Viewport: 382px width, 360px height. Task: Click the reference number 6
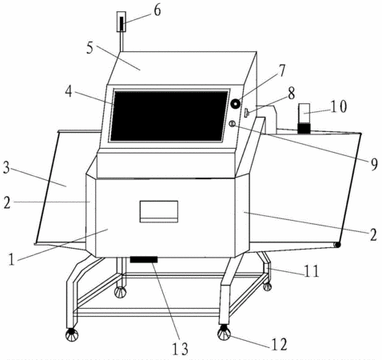pos(157,10)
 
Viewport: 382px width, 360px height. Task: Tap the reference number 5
pos(90,48)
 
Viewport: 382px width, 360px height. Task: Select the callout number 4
pos(69,91)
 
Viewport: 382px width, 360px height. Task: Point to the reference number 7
pos(281,70)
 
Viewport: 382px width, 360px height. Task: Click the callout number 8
pos(291,94)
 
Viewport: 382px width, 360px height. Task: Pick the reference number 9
pos(374,164)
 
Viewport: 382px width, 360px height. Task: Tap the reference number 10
pos(339,106)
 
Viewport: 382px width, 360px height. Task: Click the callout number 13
pos(181,349)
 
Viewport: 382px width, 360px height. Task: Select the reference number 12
pos(279,344)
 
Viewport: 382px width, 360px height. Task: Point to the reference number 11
pos(311,271)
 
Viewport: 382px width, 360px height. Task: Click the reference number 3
pos(6,169)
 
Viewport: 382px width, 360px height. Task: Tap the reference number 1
pos(11,259)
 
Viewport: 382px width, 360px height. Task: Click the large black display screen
pos(169,116)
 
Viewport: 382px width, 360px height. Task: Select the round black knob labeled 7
pos(236,104)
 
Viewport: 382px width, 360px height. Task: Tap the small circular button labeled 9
pos(233,124)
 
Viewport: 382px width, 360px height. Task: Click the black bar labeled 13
pos(144,259)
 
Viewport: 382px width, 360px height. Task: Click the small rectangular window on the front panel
pos(159,212)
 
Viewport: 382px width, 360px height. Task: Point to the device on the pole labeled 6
pos(121,22)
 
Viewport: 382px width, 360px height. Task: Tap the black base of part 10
pos(304,128)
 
